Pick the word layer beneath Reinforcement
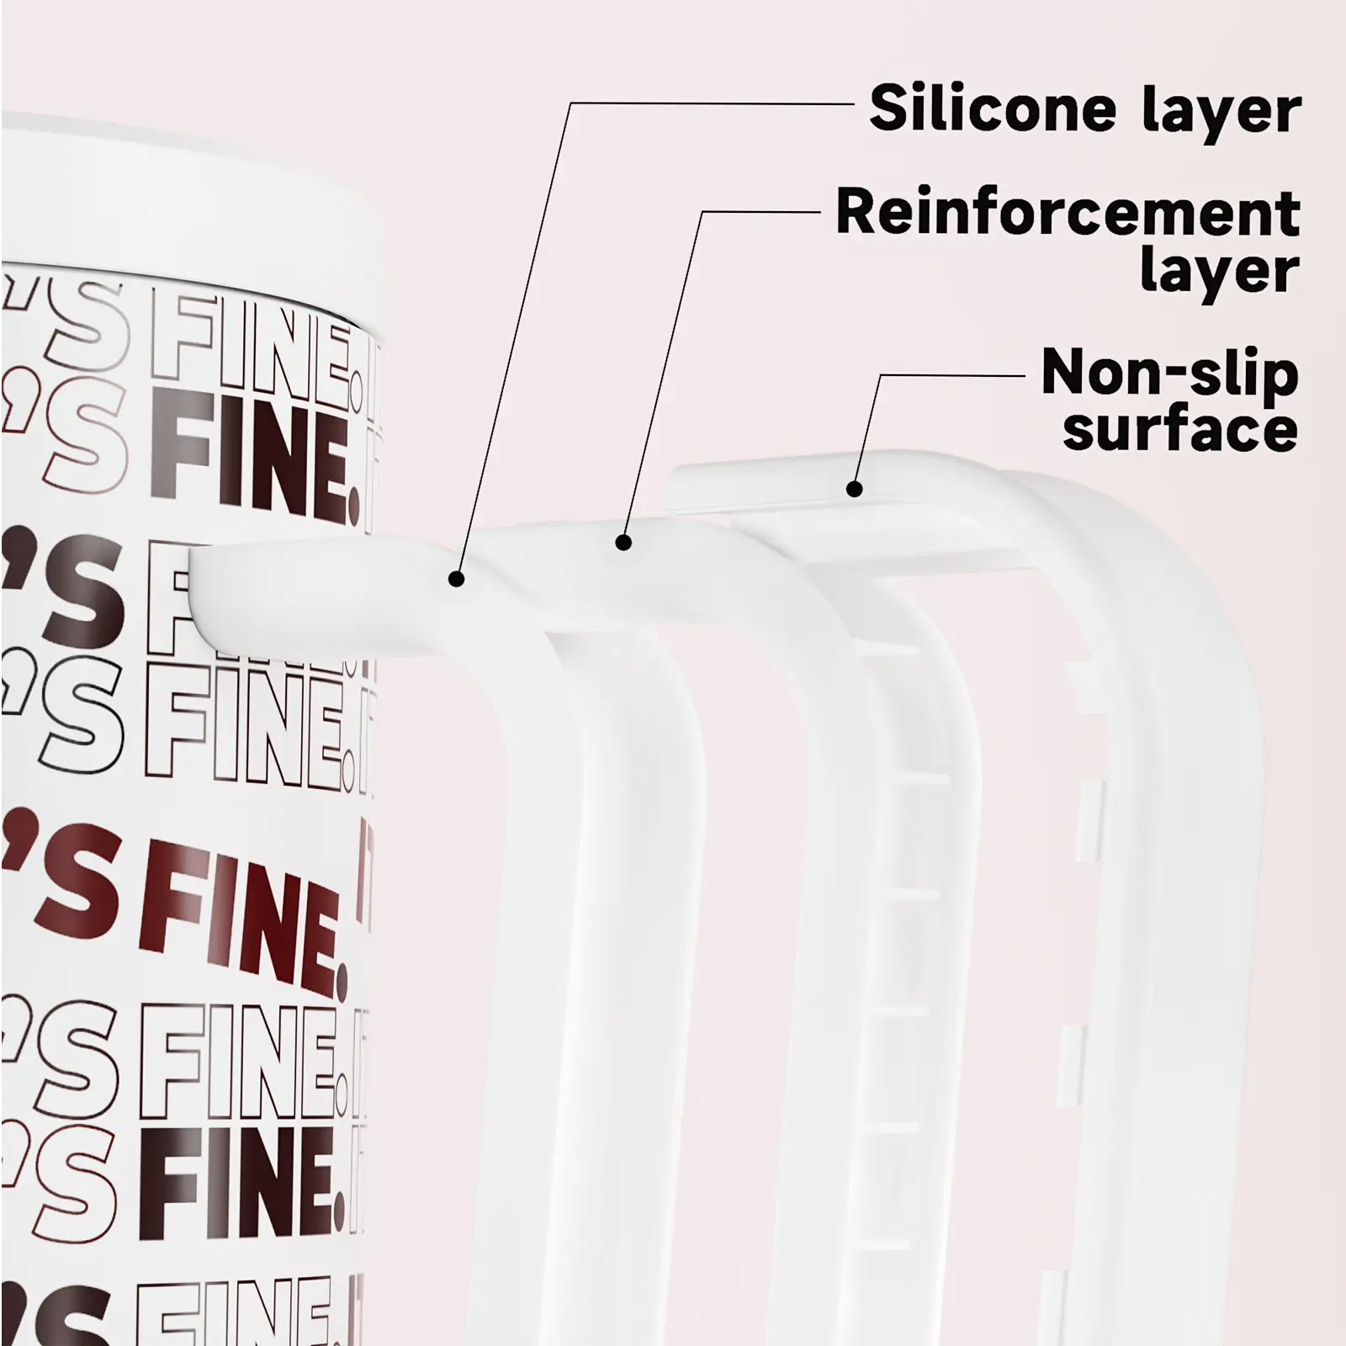(x=1220, y=272)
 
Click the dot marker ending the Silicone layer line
(x=456, y=579)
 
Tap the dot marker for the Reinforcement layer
(x=623, y=543)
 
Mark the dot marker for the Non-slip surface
(x=854, y=488)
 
